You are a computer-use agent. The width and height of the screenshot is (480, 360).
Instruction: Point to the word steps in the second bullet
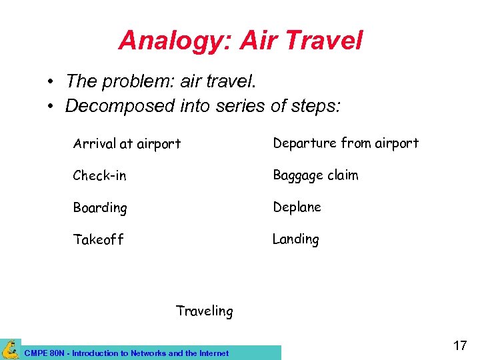[x=316, y=106]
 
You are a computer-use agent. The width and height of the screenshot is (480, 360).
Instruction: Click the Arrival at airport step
[x=127, y=143]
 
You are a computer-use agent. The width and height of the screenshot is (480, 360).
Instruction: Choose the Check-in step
[x=99, y=175]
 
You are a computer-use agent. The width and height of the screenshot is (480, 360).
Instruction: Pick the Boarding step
[x=100, y=208]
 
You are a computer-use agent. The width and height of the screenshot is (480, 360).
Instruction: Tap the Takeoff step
[x=98, y=240]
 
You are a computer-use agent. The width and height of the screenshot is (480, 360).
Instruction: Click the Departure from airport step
[x=345, y=143]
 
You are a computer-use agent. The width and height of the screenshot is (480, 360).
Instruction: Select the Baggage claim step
[x=315, y=175]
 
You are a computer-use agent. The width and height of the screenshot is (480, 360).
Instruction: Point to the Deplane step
[x=297, y=207]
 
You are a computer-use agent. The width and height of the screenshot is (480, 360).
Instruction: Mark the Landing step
[x=295, y=239]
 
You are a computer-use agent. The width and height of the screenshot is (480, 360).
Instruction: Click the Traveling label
[x=204, y=311]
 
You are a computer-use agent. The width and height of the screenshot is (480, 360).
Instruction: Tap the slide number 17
[x=459, y=345]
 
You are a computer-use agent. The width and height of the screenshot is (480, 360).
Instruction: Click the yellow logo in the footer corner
[x=11, y=349]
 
